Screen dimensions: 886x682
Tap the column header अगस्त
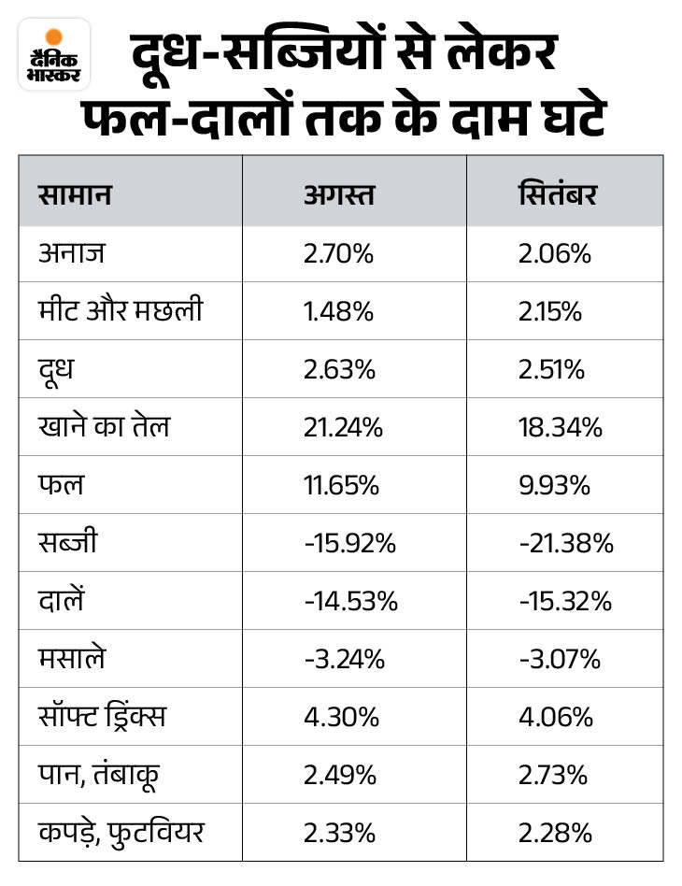338,195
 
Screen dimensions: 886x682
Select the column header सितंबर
558,195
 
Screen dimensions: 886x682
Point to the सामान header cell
76,195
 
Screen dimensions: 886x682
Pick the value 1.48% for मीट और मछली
338,311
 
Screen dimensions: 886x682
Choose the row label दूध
57,369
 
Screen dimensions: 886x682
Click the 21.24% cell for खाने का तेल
343,427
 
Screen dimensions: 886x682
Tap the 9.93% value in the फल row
554,485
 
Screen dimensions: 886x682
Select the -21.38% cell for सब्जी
565,543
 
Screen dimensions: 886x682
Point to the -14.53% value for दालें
350,601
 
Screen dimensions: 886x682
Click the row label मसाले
73,659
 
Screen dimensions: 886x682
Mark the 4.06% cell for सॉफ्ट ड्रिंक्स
555,717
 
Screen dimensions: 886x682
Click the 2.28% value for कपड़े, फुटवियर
554,832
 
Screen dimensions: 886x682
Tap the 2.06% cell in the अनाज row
555,253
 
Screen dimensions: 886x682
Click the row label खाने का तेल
105,427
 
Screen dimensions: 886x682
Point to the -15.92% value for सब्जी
350,543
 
